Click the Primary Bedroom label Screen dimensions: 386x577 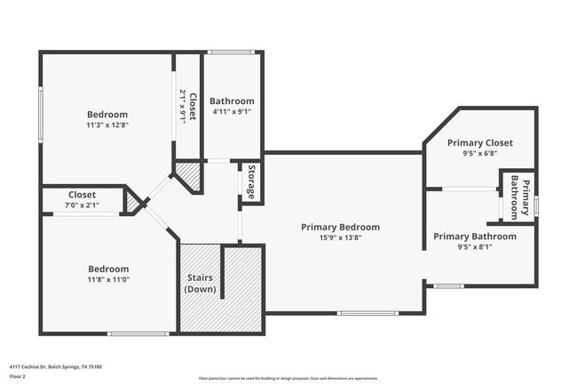tap(340, 227)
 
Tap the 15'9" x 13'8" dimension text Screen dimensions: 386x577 tap(340, 237)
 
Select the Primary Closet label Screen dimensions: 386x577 tap(479, 142)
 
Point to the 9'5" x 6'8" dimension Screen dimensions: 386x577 tap(479, 153)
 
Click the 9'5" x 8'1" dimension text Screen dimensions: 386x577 tap(474, 247)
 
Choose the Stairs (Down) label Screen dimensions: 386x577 tap(200, 284)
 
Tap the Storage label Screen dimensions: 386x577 tap(251, 181)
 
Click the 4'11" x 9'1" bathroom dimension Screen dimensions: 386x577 tap(232, 112)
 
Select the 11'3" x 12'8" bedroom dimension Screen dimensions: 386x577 tap(107, 125)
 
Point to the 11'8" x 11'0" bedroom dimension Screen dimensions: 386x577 tap(107, 280)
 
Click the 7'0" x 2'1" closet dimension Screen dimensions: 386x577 tap(82, 205)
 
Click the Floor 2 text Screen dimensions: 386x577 tap(18, 377)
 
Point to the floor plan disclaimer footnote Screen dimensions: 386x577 tap(288, 378)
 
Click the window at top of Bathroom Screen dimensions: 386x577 tap(233, 52)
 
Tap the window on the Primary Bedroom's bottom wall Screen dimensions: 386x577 tap(368, 312)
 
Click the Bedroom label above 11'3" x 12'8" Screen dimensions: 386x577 tap(107, 115)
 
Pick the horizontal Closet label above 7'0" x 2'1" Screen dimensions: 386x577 tap(82, 195)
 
